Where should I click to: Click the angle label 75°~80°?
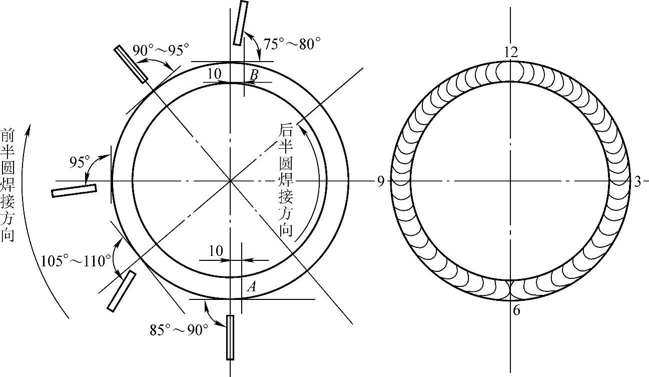coord(292,44)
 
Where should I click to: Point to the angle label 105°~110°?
coord(76,261)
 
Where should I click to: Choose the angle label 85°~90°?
coord(179,330)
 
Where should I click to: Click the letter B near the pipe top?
coord(254,76)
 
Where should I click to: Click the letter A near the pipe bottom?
coord(252,287)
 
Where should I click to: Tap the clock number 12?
coord(511,52)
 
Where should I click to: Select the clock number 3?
coord(637,182)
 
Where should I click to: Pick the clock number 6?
coord(516,310)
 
